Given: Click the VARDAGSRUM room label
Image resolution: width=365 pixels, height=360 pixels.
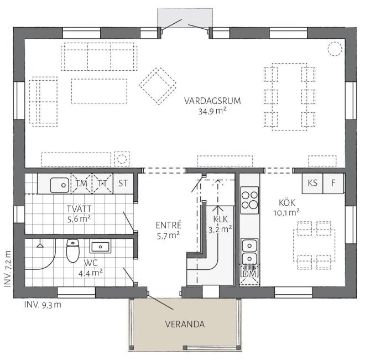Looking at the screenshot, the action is pyautogui.click(x=212, y=101).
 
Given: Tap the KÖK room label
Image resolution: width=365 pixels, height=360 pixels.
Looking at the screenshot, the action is pyautogui.click(x=287, y=203).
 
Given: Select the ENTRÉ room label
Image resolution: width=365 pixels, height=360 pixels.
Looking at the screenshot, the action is pyautogui.click(x=168, y=225).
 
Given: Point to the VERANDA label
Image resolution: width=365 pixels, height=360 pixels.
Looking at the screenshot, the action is pyautogui.click(x=185, y=324).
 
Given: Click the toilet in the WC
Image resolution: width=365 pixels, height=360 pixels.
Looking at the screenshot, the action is pyautogui.click(x=72, y=251).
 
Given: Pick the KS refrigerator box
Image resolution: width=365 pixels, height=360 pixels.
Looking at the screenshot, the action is pyautogui.click(x=312, y=184).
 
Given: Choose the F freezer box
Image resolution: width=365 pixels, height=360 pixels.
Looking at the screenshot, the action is pyautogui.click(x=333, y=184).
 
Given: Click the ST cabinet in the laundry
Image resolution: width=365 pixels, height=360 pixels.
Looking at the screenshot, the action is pyautogui.click(x=123, y=184).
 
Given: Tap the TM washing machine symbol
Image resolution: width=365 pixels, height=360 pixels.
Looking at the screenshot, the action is pyautogui.click(x=81, y=184).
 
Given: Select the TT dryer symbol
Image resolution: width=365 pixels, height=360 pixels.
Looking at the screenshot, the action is pyautogui.click(x=102, y=184).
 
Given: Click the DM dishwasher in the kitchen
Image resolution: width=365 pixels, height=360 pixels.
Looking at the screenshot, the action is pyautogui.click(x=249, y=274).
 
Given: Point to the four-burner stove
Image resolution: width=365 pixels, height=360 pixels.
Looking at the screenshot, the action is pyautogui.click(x=249, y=200).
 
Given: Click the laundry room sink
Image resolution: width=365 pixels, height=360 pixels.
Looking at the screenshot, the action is pyautogui.click(x=60, y=185).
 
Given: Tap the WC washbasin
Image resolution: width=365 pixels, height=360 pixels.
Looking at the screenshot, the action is pyautogui.click(x=100, y=246).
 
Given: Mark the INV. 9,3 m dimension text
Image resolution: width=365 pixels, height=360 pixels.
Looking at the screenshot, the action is pyautogui.click(x=43, y=305).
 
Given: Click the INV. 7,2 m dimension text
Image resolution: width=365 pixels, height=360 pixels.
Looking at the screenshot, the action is pyautogui.click(x=8, y=268).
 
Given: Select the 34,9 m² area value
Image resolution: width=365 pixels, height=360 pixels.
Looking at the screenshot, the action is pyautogui.click(x=212, y=111).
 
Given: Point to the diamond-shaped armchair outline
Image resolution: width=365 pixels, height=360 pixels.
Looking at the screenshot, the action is pyautogui.click(x=158, y=86).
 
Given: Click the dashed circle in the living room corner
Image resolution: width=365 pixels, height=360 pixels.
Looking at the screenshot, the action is pyautogui.click(x=335, y=49).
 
